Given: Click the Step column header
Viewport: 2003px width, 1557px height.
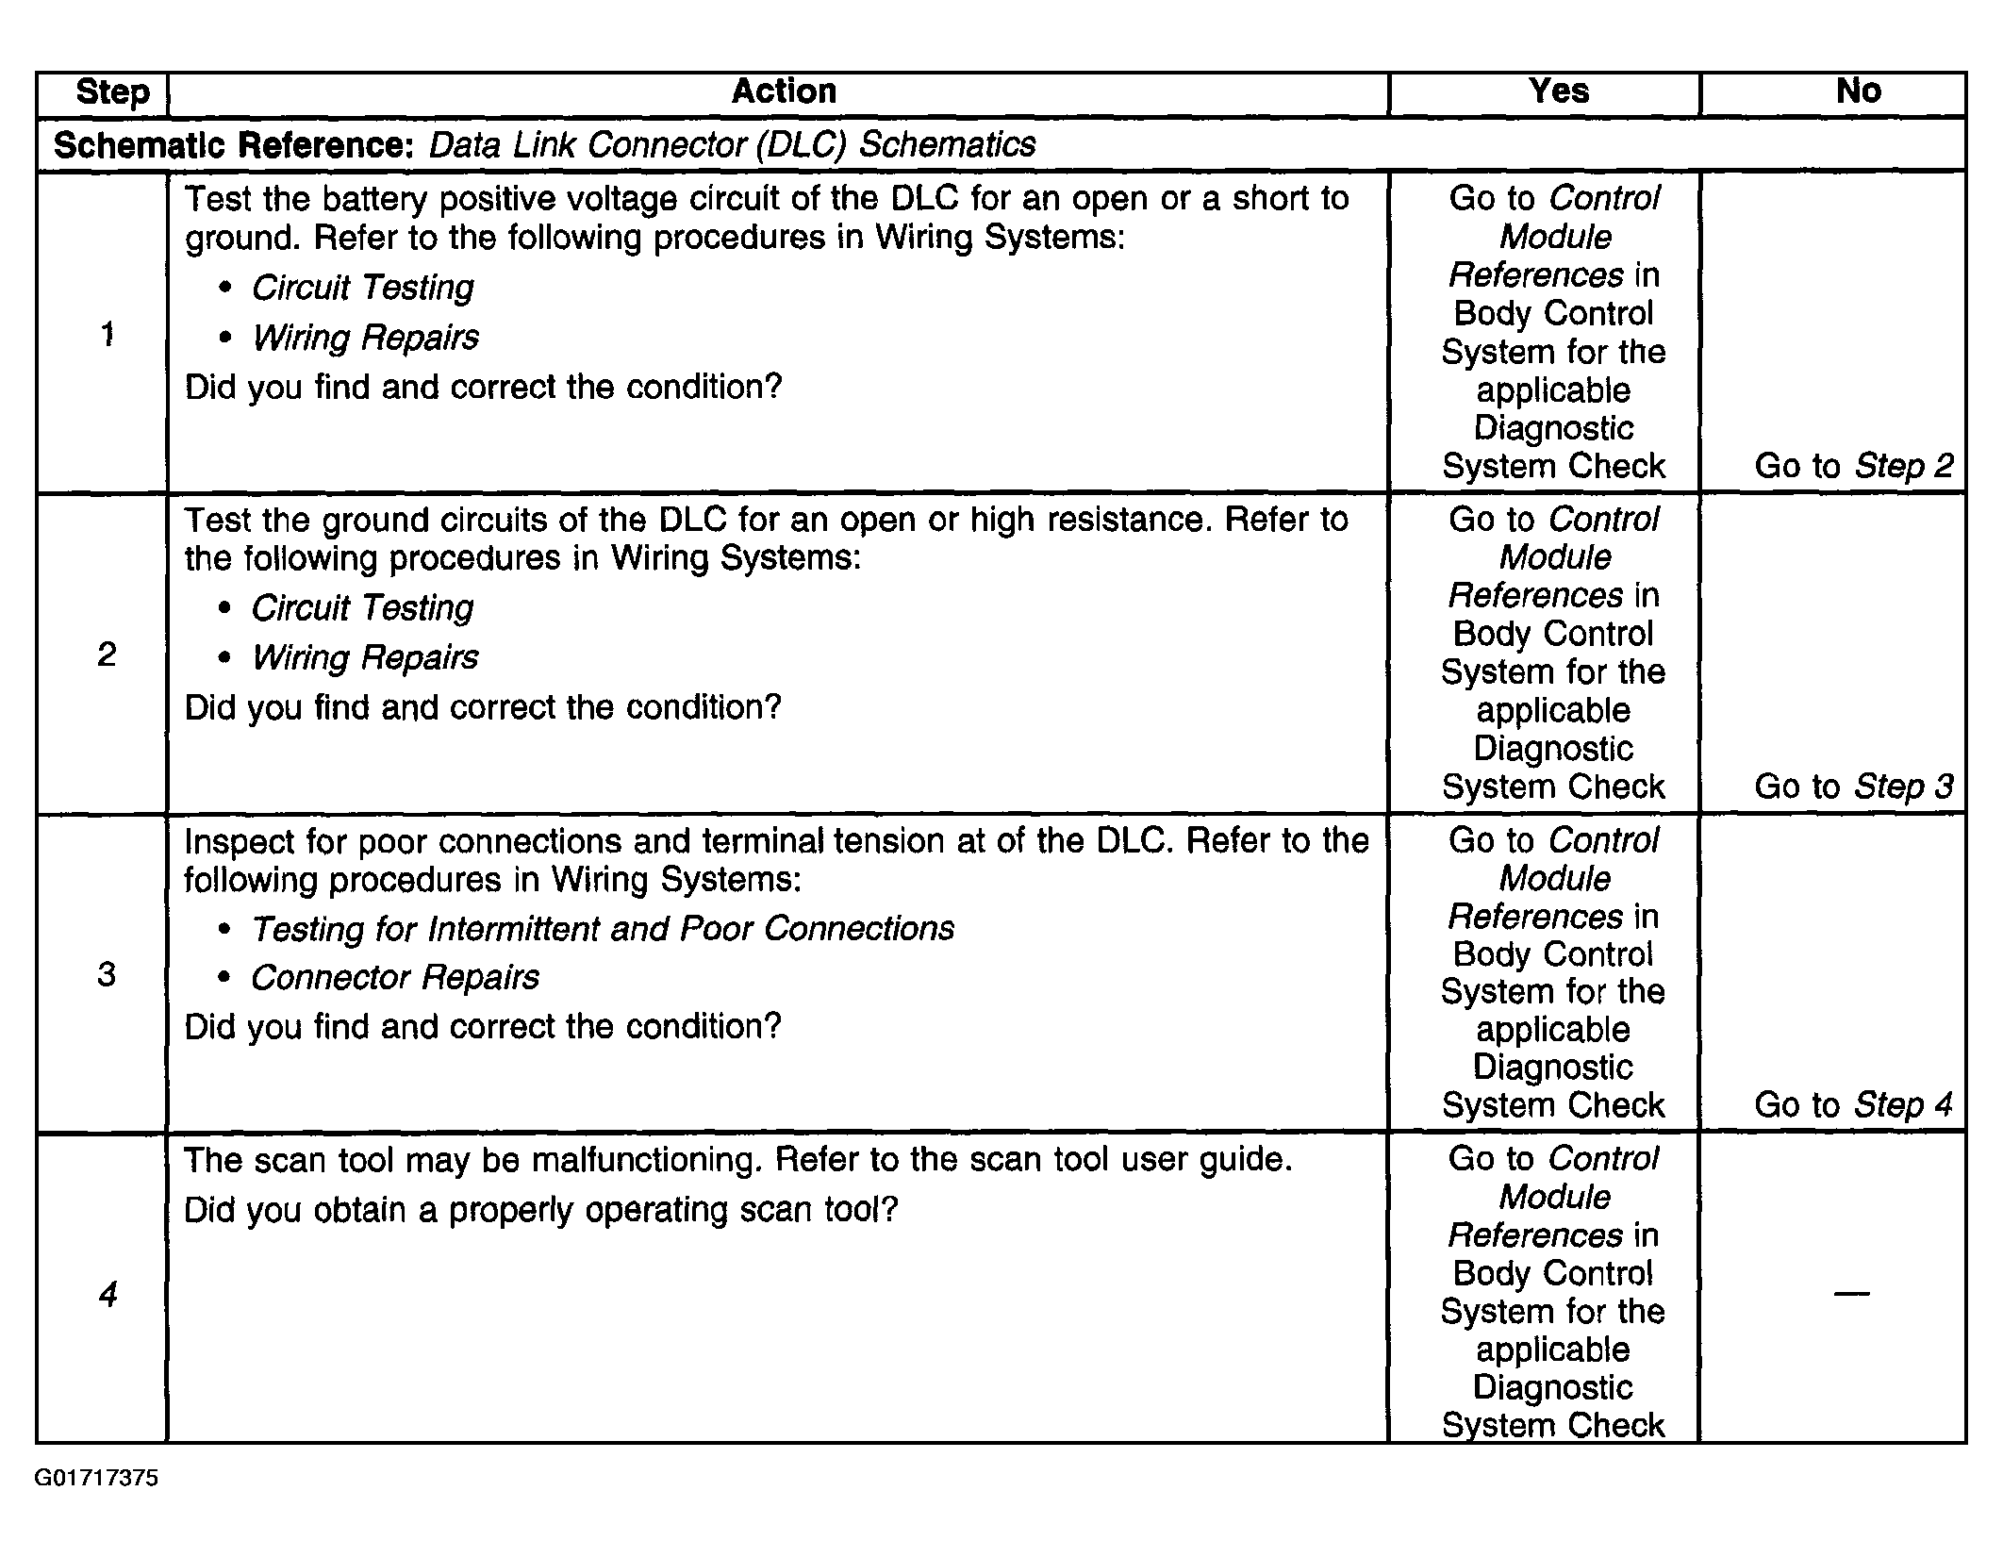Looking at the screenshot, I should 112,92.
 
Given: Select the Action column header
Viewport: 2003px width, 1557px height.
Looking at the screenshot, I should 784,91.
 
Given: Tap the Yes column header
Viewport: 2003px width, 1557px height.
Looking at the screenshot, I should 1558,91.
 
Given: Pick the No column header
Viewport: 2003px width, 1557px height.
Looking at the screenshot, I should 1858,91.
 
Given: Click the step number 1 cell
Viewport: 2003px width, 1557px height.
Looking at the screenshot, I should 108,334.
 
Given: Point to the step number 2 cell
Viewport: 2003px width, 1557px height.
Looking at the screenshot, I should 107,654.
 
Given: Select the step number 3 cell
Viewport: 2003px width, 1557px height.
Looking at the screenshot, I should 107,974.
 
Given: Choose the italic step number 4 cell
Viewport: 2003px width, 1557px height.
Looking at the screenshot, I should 108,1294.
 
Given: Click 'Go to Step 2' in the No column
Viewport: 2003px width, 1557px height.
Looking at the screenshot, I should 1853,466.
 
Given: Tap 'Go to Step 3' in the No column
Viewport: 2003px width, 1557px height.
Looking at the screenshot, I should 1853,787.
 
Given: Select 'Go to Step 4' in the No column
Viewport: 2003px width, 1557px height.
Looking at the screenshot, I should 1853,1105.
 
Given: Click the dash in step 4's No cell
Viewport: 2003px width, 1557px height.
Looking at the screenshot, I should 1851,1293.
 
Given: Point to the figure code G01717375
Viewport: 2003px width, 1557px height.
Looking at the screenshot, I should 96,1478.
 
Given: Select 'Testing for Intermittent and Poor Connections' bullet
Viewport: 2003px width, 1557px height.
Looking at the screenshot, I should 602,929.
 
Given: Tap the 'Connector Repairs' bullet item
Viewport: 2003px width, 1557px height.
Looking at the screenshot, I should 394,978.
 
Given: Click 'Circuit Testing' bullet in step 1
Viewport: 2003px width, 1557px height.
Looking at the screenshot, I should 362,288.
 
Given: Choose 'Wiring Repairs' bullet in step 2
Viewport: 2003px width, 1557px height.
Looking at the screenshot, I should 365,657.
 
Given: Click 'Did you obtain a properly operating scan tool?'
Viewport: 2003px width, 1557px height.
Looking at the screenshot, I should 540,1210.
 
